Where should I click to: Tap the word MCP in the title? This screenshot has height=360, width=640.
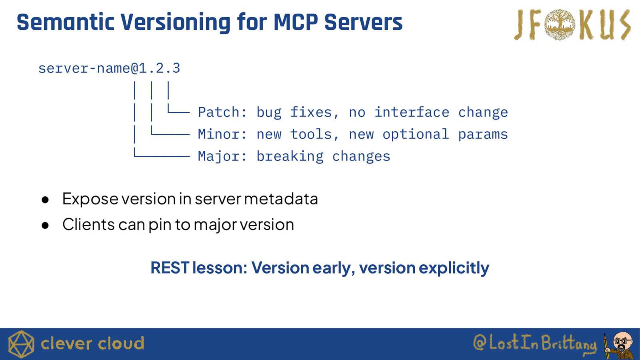pos(296,22)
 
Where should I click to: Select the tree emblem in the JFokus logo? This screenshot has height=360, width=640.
pos(560,24)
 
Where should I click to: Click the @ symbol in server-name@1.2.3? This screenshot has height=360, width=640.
pos(134,68)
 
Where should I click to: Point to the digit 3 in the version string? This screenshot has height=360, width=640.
pos(176,68)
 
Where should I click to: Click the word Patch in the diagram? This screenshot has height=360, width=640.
pos(219,112)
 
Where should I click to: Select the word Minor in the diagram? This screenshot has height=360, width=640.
pos(219,134)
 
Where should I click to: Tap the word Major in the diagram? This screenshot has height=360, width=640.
pos(219,156)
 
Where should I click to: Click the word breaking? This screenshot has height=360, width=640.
pos(290,156)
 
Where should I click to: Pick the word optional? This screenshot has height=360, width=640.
pos(416,134)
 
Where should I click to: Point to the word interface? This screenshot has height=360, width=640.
pos(412,112)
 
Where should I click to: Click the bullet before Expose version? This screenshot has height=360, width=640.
pos(45,200)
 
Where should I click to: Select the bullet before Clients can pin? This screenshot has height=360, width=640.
pos(45,226)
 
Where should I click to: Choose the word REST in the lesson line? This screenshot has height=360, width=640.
pos(170,268)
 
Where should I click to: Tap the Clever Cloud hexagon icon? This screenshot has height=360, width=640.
pos(21,344)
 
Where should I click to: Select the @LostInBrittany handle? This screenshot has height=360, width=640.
pos(535,343)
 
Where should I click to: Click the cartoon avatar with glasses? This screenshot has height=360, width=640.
pos(620,345)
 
